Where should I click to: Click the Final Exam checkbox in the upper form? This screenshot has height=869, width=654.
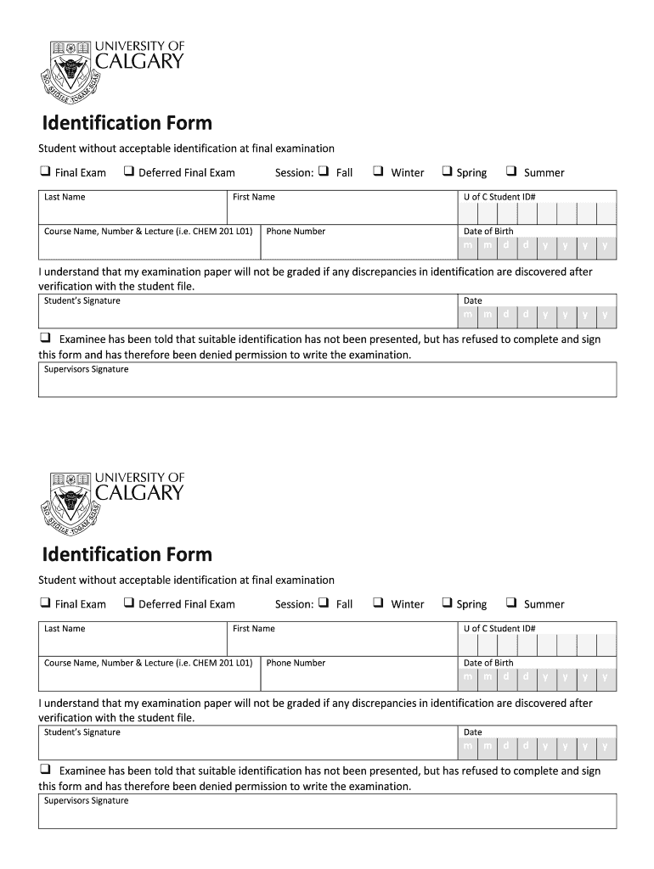click(44, 171)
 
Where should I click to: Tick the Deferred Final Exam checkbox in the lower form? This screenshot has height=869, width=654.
click(128, 603)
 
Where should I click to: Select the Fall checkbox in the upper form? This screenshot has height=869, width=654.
click(324, 171)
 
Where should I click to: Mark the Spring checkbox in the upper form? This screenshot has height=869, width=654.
click(447, 171)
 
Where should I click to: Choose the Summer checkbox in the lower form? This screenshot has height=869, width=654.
click(511, 603)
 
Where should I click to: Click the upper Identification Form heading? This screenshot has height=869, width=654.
click(127, 123)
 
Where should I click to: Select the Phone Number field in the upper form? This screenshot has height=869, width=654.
click(357, 243)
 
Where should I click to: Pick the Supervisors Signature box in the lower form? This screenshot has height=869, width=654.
click(327, 812)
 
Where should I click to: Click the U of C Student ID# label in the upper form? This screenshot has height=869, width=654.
click(499, 197)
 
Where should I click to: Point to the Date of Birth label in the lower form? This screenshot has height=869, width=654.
click(488, 663)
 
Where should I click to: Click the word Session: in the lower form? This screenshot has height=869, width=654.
click(294, 604)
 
